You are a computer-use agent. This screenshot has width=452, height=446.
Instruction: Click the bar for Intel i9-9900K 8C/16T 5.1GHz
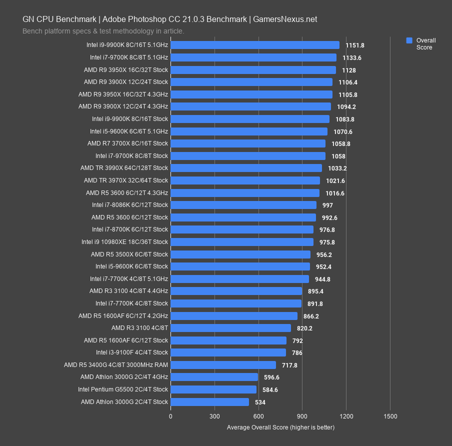coord(255,45)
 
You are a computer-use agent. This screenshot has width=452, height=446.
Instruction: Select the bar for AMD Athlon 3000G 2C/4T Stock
coord(210,402)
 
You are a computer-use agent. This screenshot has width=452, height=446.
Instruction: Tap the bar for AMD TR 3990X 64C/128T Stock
coord(246,168)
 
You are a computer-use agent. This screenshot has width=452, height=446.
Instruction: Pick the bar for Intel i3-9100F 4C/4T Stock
coord(228,352)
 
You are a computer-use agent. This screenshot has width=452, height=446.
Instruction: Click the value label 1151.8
coord(355,45)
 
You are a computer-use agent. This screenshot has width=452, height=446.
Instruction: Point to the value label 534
coord(260,402)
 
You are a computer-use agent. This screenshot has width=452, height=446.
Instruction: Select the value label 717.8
coord(289,365)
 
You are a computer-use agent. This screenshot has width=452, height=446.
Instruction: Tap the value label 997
coord(327,205)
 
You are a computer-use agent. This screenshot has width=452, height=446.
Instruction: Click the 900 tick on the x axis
coord(302,416)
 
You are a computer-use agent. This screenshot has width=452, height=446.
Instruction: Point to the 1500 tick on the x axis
coord(390,416)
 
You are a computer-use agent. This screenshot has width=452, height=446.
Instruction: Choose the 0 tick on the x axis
coord(170,416)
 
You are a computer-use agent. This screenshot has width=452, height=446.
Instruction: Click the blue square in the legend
coord(409,40)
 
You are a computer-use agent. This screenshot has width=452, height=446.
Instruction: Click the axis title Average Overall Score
coord(280,427)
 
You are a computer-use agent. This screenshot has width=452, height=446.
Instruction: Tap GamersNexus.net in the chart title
coord(285,19)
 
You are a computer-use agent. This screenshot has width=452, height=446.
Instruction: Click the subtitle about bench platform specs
coord(103,31)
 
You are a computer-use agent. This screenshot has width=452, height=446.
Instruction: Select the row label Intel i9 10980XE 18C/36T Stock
coord(125,242)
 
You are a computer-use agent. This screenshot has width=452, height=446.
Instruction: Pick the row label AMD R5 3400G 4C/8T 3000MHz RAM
coord(116,365)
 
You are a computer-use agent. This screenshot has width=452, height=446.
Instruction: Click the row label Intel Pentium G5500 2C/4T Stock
coord(123,389)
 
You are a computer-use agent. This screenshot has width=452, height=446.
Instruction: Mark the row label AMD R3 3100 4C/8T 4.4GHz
coord(129,291)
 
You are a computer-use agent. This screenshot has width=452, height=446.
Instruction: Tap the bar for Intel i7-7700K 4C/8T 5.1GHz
coord(239,279)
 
